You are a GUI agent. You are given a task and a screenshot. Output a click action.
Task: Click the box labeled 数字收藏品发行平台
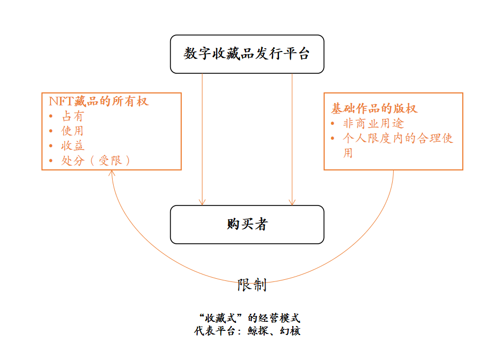[247, 54]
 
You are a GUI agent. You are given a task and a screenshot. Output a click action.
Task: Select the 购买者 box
[247, 225]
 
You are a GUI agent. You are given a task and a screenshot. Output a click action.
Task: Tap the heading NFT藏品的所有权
[99, 101]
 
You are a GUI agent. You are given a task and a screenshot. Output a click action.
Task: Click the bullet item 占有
[73, 116]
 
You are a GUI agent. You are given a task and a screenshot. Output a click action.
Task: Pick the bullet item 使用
[73, 131]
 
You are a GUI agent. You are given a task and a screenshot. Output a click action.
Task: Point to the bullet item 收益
[73, 145]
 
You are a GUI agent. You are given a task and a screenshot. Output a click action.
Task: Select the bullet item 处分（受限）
[96, 160]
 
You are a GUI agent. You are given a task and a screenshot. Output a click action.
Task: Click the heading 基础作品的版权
[374, 109]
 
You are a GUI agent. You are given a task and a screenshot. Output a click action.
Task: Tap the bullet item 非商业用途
[374, 124]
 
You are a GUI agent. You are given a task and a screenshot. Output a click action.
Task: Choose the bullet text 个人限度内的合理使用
[399, 139]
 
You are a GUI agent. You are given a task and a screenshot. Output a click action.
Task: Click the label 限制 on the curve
[251, 285]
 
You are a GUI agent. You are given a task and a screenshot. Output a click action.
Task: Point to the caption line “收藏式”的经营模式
[249, 318]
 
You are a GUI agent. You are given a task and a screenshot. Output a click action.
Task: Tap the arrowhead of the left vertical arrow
[202, 202]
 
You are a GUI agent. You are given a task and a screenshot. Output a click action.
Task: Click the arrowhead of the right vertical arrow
[292, 202]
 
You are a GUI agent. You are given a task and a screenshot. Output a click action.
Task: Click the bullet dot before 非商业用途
[333, 124]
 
